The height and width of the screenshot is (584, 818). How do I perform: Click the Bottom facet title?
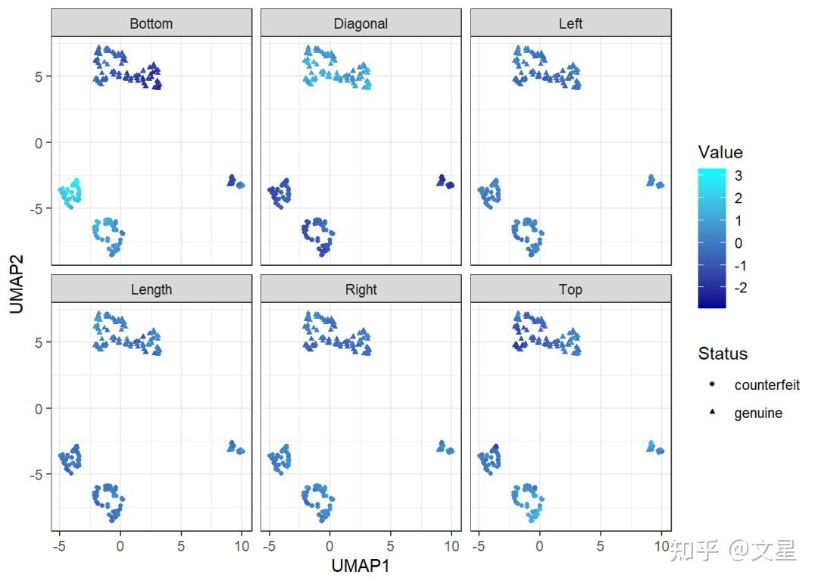click(151, 23)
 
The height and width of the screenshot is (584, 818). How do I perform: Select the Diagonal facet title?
click(361, 23)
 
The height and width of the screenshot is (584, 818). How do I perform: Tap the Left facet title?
click(570, 23)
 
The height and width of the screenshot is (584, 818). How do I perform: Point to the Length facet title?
click(151, 289)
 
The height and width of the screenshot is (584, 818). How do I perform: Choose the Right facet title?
click(361, 289)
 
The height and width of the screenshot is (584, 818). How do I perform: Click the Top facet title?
click(570, 289)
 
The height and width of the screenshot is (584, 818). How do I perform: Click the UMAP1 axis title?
click(361, 565)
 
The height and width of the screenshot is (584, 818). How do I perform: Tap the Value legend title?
click(720, 152)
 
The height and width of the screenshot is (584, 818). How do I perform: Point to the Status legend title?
click(723, 354)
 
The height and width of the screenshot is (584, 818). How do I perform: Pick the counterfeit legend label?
click(766, 385)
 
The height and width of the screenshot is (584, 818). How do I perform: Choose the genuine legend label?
click(758, 414)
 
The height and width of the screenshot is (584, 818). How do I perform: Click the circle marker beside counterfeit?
click(713, 385)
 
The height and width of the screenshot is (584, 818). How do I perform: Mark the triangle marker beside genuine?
click(713, 414)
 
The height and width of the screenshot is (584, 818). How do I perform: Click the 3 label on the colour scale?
click(738, 176)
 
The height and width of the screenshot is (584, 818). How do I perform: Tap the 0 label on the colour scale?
click(738, 243)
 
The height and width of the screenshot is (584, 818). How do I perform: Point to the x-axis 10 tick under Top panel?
click(661, 544)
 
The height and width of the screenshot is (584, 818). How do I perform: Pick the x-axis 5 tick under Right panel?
click(390, 544)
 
